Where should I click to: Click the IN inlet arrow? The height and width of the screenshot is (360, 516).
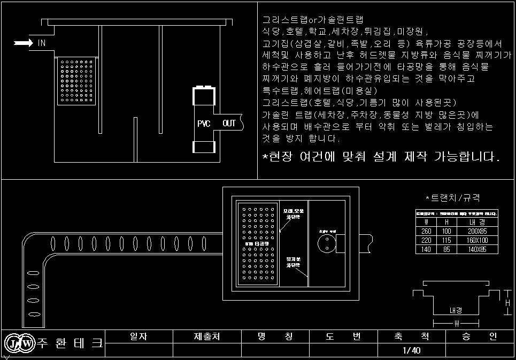pos(23,43)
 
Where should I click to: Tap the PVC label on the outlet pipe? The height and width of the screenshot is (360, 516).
pos(204,124)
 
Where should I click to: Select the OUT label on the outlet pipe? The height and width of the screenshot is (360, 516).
pos(229,124)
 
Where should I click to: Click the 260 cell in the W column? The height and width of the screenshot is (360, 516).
pos(426,231)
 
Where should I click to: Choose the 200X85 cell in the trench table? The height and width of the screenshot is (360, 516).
pos(478,231)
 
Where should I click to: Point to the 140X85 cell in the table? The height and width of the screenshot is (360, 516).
pos(478,249)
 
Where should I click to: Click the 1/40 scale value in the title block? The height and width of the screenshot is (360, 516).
pos(411,350)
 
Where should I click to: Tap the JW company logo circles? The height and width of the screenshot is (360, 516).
pos(19,343)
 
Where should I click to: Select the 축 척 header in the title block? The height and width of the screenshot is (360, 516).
pos(411,336)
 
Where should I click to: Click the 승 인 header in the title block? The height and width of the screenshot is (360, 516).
pos(479,336)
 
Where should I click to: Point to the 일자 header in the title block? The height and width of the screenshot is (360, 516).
pos(138,336)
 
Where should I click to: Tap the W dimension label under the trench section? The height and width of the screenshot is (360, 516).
pos(456,323)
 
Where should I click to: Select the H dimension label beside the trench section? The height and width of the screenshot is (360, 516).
pos(508,303)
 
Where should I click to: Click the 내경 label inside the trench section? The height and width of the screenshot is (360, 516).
pos(456,310)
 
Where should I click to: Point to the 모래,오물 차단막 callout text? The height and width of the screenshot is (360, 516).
pos(294,215)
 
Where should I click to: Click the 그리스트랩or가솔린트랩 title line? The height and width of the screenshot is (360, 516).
pos(312,20)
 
